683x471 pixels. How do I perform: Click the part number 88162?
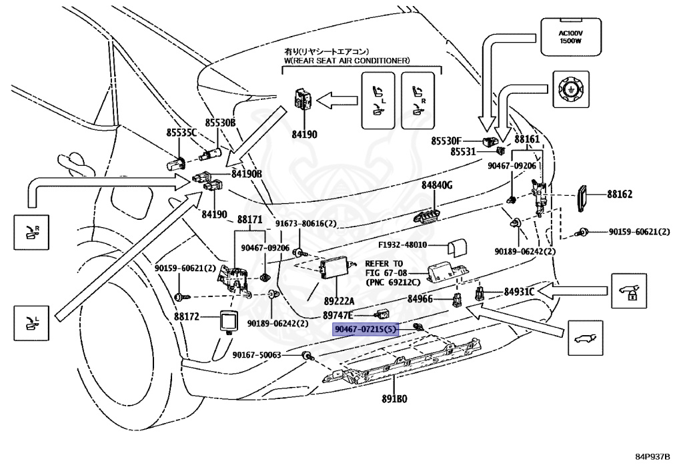(620, 195)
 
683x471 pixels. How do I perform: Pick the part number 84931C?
(519, 291)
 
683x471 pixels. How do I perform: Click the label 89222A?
(340, 301)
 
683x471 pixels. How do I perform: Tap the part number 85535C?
(181, 133)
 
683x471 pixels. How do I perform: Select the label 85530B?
(220, 123)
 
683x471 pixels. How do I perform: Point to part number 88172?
(187, 317)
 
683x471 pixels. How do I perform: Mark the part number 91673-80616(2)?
(307, 224)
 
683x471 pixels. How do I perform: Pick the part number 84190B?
(247, 174)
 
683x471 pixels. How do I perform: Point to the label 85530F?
(446, 141)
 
